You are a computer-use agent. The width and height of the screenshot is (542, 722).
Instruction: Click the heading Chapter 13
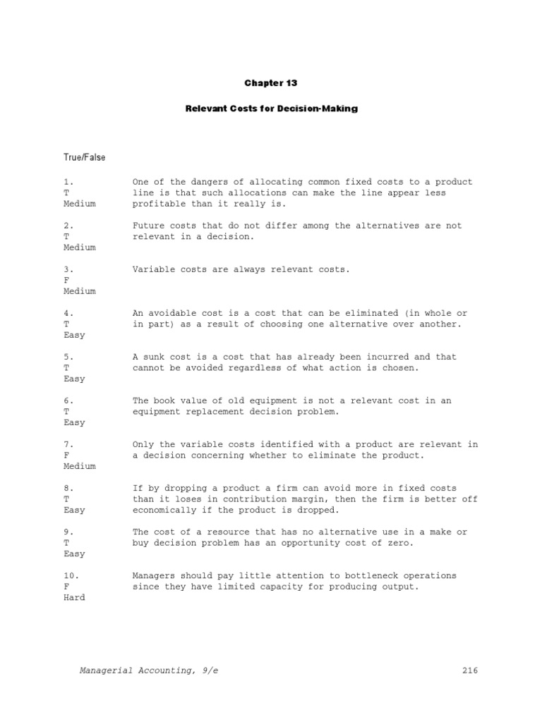tap(271, 83)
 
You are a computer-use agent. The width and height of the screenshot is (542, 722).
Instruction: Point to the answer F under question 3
tap(66, 281)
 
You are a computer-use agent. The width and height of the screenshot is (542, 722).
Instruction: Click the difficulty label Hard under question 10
tap(74, 598)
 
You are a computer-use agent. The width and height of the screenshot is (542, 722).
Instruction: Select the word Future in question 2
tap(150, 226)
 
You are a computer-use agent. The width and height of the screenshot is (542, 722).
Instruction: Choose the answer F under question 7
tap(66, 455)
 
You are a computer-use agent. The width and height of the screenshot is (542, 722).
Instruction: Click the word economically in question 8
tap(167, 510)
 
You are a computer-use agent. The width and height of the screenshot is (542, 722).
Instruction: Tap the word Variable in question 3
tap(155, 270)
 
